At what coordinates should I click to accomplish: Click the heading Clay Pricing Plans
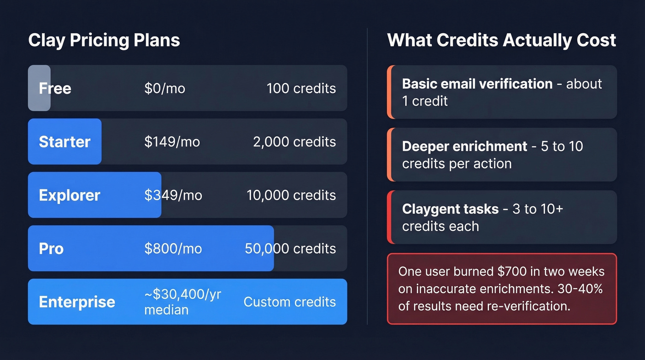pos(104,41)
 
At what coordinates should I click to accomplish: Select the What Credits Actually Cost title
pos(502,41)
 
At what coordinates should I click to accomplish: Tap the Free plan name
pos(55,88)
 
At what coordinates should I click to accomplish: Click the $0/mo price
pos(164,88)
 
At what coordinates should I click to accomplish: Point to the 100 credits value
pos(301,88)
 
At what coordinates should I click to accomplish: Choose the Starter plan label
pos(64,142)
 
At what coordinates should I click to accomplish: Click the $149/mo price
pos(172,142)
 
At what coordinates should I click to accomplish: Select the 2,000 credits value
pos(294,142)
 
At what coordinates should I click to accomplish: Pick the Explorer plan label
pos(70,195)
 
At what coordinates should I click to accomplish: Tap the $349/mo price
pos(173,195)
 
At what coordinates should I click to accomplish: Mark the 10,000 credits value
pos(291,195)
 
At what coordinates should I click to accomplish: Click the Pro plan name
pos(51,248)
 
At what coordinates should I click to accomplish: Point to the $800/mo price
pos(173,248)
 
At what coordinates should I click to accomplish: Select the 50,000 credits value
pos(290,248)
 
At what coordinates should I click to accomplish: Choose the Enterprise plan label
pos(77,302)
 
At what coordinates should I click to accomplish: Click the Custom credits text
pos(290,302)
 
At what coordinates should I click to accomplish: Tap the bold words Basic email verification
pos(477,83)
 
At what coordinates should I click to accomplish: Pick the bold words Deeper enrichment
pos(464,146)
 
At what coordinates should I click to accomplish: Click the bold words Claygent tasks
pos(450,209)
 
